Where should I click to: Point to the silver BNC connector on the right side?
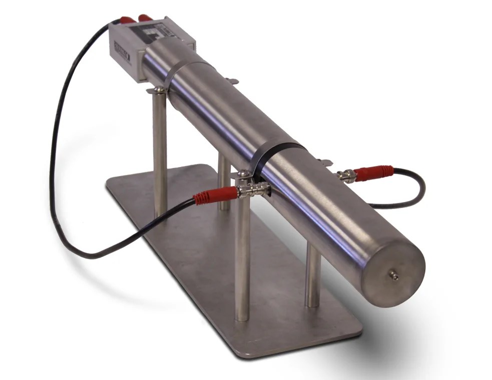[346, 175]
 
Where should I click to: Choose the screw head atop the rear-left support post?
[159, 89]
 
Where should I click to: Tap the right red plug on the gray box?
[145, 18]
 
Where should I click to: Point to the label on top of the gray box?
[150, 34]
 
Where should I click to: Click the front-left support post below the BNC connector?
[243, 260]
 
